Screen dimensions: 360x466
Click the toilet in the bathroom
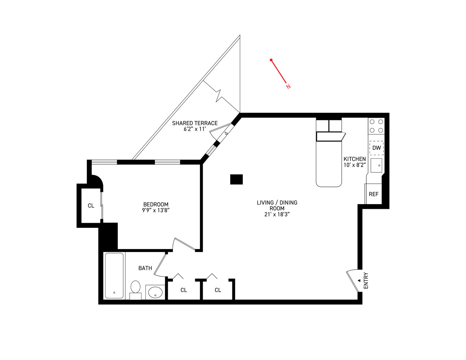135,288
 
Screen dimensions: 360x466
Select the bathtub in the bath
114,275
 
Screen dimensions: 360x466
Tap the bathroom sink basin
155,292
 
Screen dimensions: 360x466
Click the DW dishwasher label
376,148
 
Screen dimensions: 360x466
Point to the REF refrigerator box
373,194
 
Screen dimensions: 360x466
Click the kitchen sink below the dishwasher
376,165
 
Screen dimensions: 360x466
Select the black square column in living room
236,179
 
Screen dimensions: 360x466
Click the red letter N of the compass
288,86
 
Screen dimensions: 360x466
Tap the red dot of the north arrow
271,60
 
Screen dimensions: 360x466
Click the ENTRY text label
366,280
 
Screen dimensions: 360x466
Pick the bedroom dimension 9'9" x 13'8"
156,210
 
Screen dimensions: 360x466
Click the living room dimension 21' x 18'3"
277,214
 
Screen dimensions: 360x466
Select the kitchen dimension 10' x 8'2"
355,165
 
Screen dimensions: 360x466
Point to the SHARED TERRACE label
195,123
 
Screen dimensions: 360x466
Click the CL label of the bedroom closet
91,206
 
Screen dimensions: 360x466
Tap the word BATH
145,268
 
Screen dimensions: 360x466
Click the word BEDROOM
156,204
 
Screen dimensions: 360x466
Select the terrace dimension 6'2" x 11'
195,129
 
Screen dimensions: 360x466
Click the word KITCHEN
355,159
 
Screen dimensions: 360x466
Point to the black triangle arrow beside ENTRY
359,280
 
